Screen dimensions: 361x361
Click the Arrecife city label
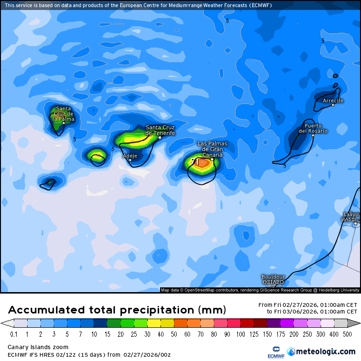point(332,101)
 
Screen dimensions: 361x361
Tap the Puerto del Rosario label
point(313,128)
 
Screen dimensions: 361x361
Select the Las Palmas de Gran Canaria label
point(212,149)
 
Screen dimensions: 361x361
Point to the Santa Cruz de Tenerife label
point(160,130)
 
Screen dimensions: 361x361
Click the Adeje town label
point(130,156)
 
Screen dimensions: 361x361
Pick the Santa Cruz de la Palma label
point(63,114)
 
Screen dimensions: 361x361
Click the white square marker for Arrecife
point(333,105)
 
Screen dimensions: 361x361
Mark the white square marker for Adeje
point(130,160)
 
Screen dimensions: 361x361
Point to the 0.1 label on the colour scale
point(14,334)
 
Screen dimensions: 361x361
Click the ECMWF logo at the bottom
point(275,352)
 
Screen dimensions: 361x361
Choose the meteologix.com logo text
point(325,351)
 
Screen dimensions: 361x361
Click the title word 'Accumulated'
point(47,310)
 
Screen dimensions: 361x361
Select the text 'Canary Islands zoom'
point(38,347)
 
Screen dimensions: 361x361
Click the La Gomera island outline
point(98,159)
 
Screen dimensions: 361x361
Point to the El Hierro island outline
point(48,183)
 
